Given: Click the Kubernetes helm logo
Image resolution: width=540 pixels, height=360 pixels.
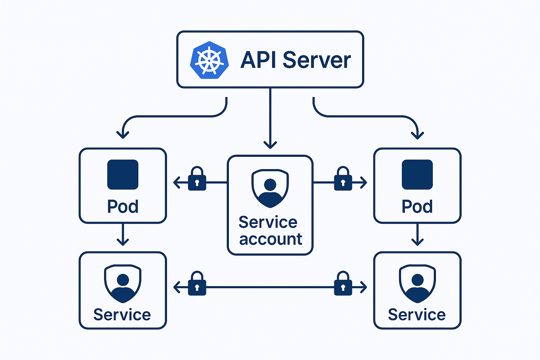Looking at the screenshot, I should [209, 60].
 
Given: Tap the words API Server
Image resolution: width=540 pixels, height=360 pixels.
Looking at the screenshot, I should [296, 60].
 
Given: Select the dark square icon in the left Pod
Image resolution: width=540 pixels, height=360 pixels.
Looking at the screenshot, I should [123, 175].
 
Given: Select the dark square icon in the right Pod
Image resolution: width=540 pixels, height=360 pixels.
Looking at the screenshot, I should [417, 175].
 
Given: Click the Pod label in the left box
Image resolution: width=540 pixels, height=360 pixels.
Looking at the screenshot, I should [123, 206].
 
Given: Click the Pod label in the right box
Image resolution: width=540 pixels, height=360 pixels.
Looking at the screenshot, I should [417, 206].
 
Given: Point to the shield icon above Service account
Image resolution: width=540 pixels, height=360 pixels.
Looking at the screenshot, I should [270, 188].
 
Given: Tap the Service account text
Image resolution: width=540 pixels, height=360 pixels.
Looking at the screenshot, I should [270, 231].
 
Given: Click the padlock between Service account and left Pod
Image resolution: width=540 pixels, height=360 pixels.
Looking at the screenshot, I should [197, 179].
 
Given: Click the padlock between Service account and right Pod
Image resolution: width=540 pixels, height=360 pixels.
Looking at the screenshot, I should [343, 179].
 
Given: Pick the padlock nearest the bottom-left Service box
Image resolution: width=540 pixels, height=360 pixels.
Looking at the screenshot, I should [197, 284].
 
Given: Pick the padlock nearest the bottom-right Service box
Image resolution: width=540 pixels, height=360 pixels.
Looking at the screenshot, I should [343, 284].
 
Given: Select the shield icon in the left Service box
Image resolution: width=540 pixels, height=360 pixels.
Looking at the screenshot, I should [123, 283].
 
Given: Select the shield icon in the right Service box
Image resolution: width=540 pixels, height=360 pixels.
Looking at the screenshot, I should [417, 283].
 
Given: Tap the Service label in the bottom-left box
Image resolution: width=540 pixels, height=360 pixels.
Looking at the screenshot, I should [122, 315].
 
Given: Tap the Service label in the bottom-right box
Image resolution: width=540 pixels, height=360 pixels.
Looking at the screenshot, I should [417, 315].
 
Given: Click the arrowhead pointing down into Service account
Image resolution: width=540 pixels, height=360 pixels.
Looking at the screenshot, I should [270, 144].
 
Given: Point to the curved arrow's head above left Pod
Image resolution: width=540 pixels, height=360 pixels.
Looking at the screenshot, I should [123, 134].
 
